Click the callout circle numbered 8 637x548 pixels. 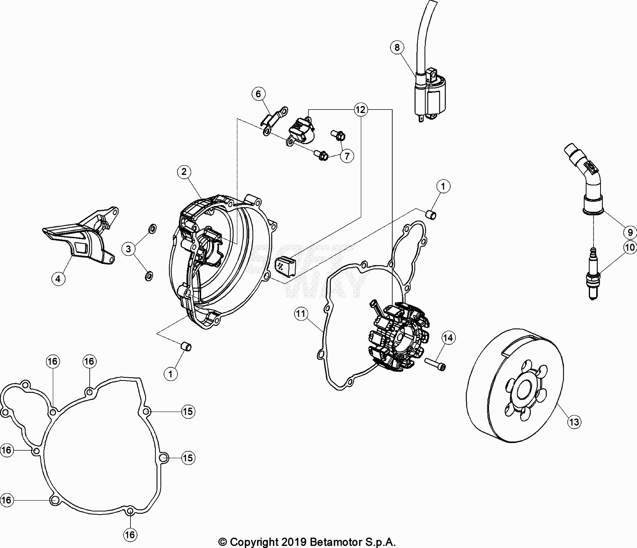click(397, 48)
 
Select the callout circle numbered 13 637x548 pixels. click(574, 422)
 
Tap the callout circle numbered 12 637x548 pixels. click(360, 110)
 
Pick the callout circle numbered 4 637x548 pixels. click(58, 278)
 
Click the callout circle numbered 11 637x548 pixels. click(301, 314)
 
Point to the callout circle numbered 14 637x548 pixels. click(448, 338)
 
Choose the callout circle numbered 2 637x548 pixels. click(184, 172)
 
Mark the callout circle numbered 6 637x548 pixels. click(258, 94)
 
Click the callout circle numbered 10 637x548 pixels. click(630, 247)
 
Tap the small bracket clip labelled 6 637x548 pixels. click(274, 120)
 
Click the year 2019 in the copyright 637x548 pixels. click(294, 542)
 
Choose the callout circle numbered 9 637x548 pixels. click(630, 232)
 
